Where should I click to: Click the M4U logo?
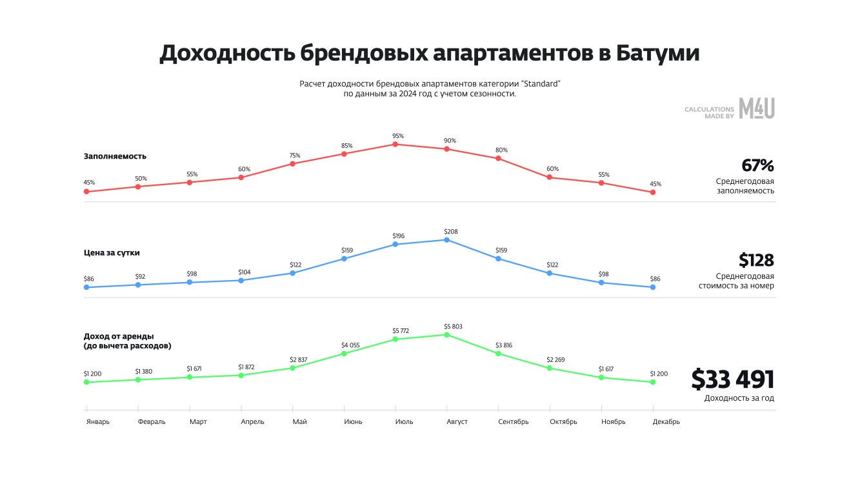pos(756,108)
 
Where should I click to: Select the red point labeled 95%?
pos(395,144)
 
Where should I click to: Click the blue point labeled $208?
pos(446,239)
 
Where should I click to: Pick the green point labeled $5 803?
pos(446,335)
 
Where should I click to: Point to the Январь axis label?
pos(98,422)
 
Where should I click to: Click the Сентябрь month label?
pos(513,422)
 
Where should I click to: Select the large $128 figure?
pos(756,261)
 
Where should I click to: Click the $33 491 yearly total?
pos(732,379)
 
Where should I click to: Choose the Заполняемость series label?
pos(115,156)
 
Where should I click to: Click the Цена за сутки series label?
pos(112,253)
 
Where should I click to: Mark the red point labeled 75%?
pos(292,164)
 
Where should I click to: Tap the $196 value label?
pos(398,236)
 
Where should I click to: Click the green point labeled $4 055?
pos(344,354)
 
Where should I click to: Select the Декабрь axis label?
pos(666,422)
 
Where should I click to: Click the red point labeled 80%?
pos(498,158)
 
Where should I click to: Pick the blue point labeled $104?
pos(241,280)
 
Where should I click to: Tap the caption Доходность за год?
pos(739,398)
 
